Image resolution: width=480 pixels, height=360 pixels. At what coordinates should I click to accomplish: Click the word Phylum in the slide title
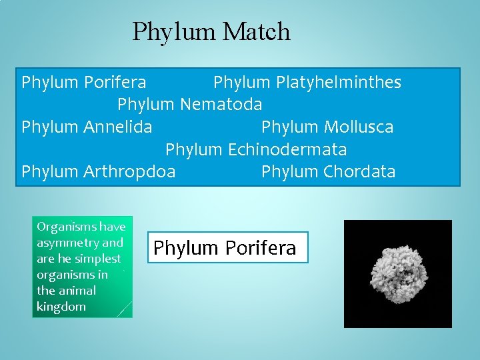[x=175, y=32]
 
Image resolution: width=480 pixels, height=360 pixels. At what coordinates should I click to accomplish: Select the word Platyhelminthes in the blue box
[x=337, y=83]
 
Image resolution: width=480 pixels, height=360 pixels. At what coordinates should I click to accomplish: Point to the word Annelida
[x=118, y=127]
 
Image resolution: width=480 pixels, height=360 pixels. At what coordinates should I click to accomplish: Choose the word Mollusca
[x=358, y=127]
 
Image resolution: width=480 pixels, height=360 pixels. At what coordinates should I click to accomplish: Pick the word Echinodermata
[x=287, y=149]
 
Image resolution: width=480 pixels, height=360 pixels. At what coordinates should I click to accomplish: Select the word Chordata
[x=359, y=172]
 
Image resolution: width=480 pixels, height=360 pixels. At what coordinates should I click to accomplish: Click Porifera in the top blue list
[x=115, y=83]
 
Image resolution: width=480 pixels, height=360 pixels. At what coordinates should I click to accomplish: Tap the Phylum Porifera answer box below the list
[x=227, y=248]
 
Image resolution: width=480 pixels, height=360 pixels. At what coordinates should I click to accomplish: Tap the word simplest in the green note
[x=98, y=259]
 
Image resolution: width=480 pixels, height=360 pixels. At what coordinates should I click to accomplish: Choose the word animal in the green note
[x=77, y=291]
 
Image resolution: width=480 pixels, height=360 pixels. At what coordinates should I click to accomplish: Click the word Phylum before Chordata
[x=289, y=172]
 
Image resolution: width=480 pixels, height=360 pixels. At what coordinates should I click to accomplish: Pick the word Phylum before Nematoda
[x=146, y=105]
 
